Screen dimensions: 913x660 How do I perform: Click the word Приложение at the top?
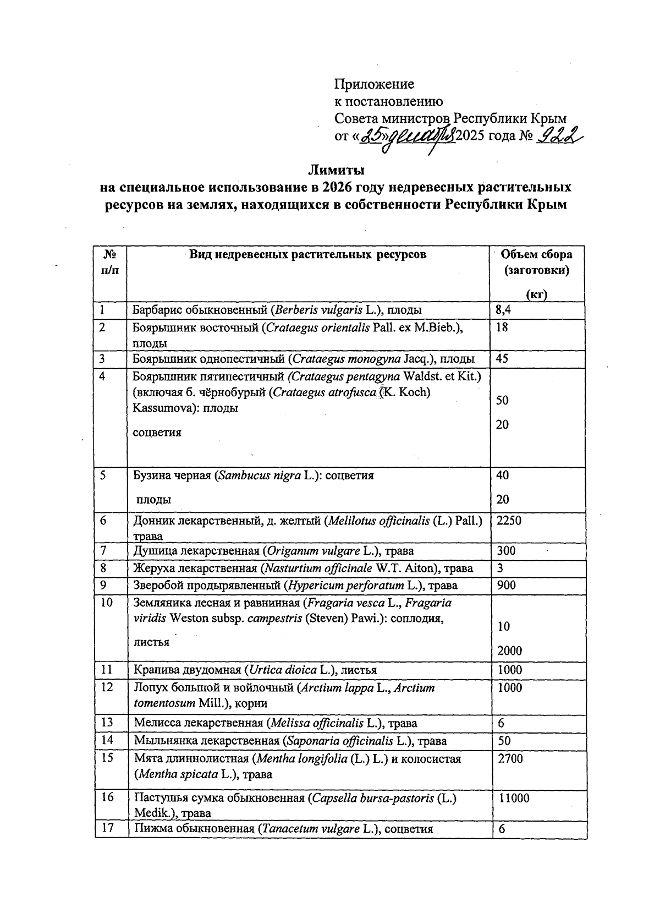point(374,84)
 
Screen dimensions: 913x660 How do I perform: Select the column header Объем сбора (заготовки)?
point(537,263)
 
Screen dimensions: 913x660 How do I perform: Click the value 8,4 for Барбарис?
point(504,310)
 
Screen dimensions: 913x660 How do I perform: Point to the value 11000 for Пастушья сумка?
point(514,798)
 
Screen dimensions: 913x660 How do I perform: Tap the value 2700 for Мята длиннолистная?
point(510,758)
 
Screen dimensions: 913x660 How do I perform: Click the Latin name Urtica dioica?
point(283,670)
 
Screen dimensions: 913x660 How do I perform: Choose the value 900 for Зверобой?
point(506,586)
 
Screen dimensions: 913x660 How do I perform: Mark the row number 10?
point(106,603)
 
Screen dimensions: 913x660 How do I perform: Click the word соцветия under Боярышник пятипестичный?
point(157,433)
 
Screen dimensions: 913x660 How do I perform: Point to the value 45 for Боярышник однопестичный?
point(502,359)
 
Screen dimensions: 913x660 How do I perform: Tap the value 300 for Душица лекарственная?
point(506,551)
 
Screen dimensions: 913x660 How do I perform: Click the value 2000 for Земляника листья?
point(509,651)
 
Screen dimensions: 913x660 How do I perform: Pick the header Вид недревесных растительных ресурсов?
point(308,254)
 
